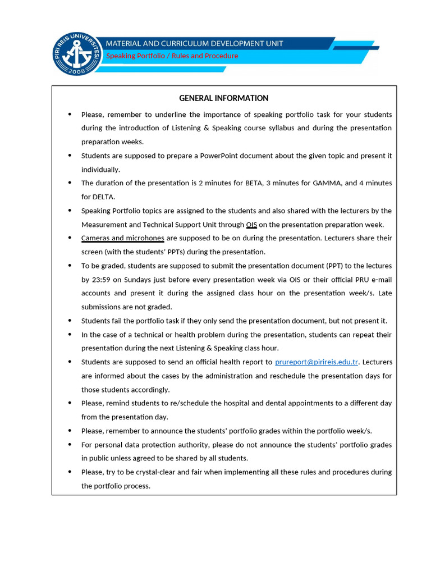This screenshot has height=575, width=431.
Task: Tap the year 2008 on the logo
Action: click(77, 71)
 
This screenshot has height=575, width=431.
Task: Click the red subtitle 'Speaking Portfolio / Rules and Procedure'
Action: click(172, 56)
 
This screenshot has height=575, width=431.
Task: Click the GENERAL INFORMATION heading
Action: click(223, 98)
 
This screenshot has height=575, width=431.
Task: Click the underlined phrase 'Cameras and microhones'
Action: click(122, 238)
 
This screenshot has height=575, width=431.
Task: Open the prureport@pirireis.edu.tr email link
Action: click(317, 362)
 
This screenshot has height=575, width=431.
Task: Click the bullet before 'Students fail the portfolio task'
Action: click(70, 321)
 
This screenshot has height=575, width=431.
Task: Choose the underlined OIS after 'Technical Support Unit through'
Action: click(251, 225)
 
